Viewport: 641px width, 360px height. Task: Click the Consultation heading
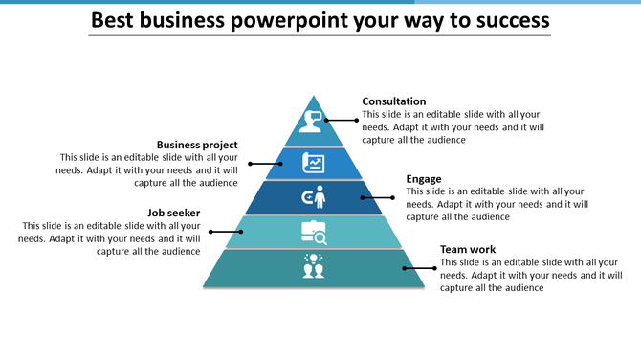pyautogui.click(x=394, y=101)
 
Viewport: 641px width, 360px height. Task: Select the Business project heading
pyautogui.click(x=197, y=146)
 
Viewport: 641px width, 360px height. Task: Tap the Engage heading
pyautogui.click(x=423, y=179)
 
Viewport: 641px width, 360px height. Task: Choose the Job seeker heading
pyautogui.click(x=173, y=213)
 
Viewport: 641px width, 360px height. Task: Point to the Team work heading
pyautogui.click(x=468, y=250)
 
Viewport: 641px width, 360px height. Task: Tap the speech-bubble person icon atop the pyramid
pyautogui.click(x=312, y=122)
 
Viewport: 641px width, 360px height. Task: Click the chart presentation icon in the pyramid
pyautogui.click(x=314, y=163)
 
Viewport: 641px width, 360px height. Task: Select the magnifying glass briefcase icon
pyautogui.click(x=314, y=231)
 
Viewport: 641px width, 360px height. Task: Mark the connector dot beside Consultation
pyautogui.click(x=357, y=120)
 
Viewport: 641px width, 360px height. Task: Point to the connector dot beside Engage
pyautogui.click(x=392, y=197)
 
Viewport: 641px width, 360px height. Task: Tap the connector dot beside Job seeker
pyautogui.click(x=212, y=231)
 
